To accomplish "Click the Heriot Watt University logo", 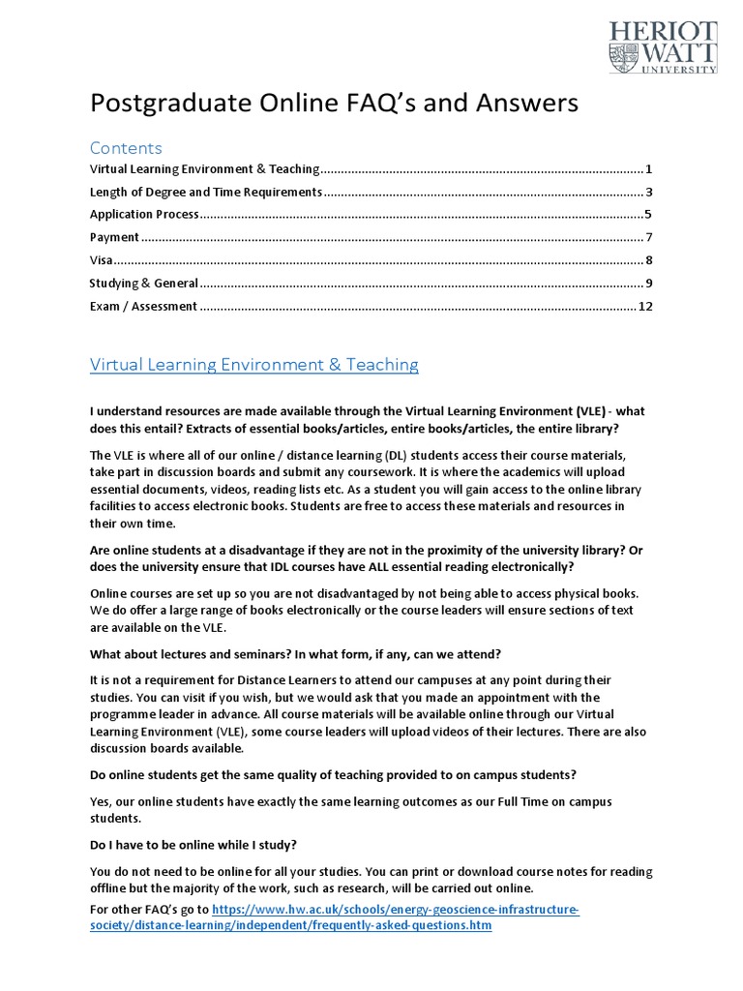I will coord(663,46).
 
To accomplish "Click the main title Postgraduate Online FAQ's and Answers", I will coord(334,103).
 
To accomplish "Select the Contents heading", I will coord(126,148).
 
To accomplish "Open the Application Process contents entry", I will coord(144,214).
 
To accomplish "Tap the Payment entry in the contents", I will coord(114,237).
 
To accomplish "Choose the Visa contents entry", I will coord(101,260).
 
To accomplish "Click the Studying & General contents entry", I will coord(143,284).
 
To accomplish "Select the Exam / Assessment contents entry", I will coord(143,307).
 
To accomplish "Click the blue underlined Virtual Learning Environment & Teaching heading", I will coord(253,365).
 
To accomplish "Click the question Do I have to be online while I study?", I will coord(193,845).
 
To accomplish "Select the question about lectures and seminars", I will coord(295,652).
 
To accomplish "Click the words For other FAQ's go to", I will coord(148,911).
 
